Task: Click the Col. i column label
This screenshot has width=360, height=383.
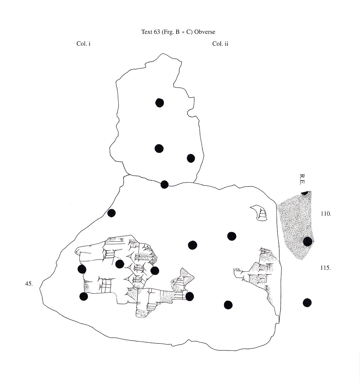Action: [x=84, y=44]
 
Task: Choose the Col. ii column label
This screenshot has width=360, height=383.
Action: [x=220, y=44]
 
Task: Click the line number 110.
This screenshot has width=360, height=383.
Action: [x=326, y=214]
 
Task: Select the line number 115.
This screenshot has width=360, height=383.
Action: [x=325, y=268]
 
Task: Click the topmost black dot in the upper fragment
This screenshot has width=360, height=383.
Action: [x=159, y=102]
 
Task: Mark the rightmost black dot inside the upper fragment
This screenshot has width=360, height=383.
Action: [x=191, y=158]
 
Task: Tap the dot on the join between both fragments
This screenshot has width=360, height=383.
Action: [x=164, y=184]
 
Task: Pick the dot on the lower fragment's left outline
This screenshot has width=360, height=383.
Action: [x=111, y=213]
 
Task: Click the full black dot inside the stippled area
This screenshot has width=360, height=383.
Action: [x=307, y=241]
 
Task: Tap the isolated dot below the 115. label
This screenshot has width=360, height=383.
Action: [x=307, y=302]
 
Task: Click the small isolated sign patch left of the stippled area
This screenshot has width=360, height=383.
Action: [x=259, y=213]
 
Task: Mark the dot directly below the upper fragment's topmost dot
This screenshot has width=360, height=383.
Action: [x=159, y=148]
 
